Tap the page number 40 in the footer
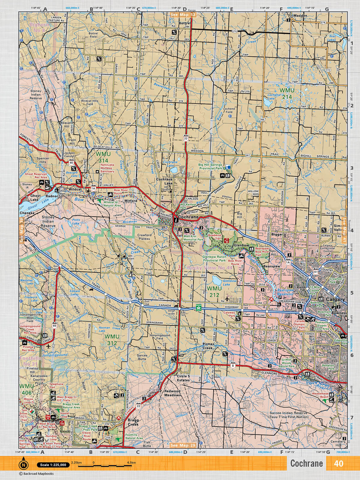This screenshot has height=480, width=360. point(338,463)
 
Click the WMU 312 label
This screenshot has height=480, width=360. point(112,340)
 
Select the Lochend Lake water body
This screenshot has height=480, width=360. point(266,103)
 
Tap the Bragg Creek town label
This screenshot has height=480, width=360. point(133,422)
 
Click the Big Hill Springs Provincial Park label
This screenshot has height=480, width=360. point(210,167)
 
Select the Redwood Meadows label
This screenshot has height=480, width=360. point(172,393)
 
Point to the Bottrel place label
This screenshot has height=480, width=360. point(184,23)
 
